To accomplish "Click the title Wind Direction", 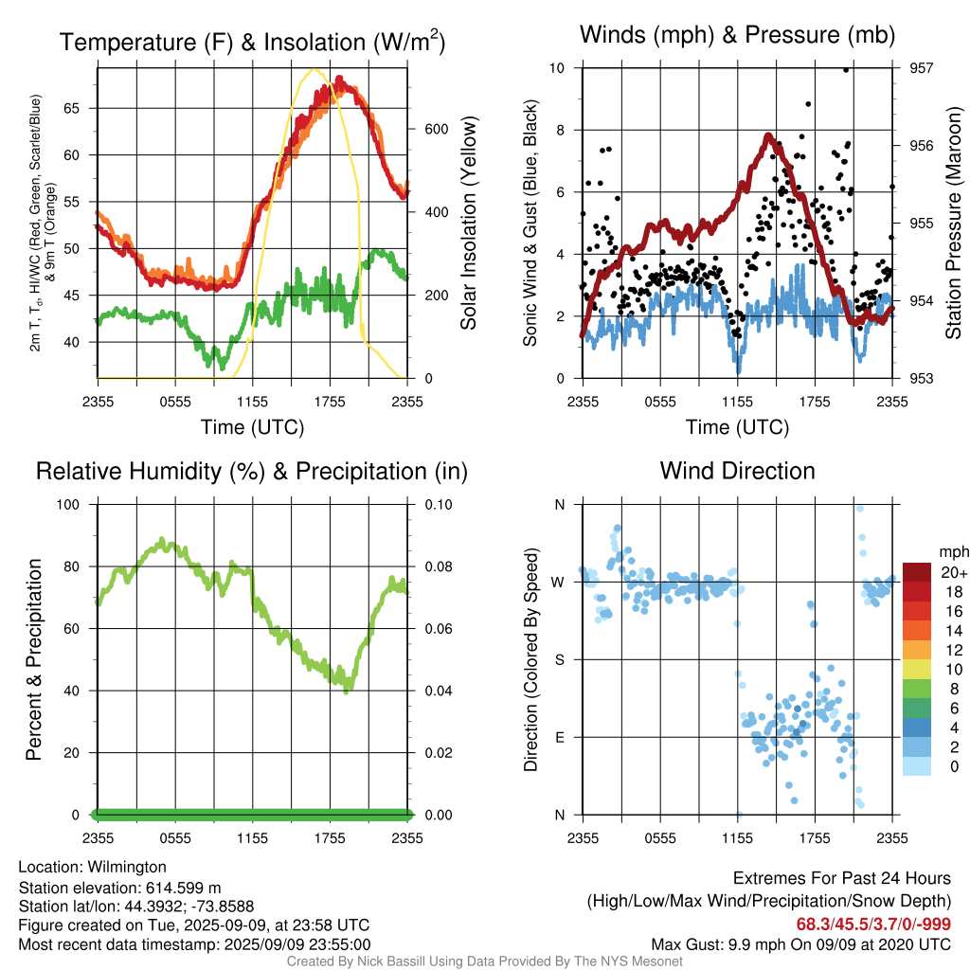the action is pyautogui.click(x=737, y=471).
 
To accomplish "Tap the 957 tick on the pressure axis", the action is pyautogui.click(x=921, y=68).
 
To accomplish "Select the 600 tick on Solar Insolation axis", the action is pyautogui.click(x=436, y=129).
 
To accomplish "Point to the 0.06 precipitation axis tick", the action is pyautogui.click(x=439, y=629).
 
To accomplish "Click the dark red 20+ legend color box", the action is pyautogui.click(x=917, y=572).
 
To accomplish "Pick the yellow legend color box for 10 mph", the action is pyautogui.click(x=917, y=670).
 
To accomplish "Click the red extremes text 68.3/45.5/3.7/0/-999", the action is pyautogui.click(x=873, y=925).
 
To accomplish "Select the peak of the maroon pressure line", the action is pyautogui.click(x=768, y=135).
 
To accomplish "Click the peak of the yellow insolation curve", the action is pyautogui.click(x=314, y=70).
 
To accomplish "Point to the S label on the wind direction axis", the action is pyautogui.click(x=559, y=660).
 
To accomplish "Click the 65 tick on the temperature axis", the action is pyautogui.click(x=72, y=108).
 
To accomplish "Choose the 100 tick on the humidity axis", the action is pyautogui.click(x=68, y=505).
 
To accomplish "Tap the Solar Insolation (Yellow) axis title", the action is pyautogui.click(x=468, y=223).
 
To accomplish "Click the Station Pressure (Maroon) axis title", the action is pyautogui.click(x=953, y=223).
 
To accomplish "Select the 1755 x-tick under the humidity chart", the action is pyautogui.click(x=330, y=838).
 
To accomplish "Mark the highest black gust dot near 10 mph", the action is pyautogui.click(x=846, y=70).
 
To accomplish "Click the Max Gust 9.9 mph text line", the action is pyautogui.click(x=801, y=944).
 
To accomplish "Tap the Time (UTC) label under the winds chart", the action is pyautogui.click(x=737, y=427).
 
